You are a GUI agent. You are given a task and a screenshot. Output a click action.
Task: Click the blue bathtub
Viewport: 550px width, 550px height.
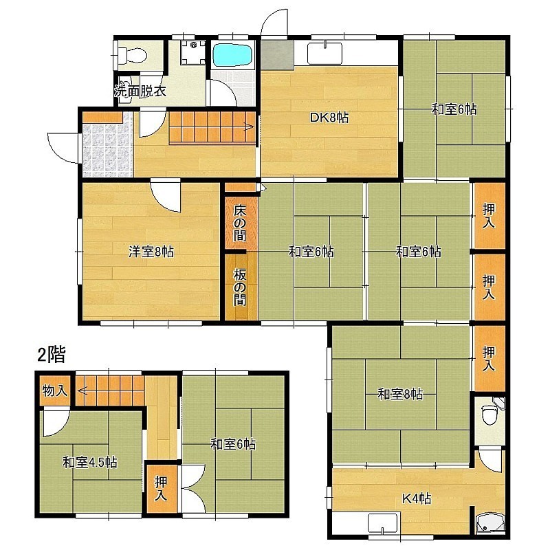(x=233, y=55)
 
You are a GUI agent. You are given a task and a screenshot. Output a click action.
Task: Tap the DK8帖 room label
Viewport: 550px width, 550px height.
(x=329, y=118)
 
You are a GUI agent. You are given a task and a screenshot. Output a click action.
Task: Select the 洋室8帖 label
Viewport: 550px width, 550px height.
(x=151, y=252)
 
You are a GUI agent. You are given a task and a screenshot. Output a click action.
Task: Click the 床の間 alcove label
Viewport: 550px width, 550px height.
(x=240, y=223)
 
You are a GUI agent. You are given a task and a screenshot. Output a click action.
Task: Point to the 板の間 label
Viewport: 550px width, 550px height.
(x=240, y=287)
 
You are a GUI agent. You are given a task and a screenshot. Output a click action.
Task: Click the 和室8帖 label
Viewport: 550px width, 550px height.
(x=400, y=394)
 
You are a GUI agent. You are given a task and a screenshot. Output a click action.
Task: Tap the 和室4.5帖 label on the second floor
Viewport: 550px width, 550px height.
(x=90, y=462)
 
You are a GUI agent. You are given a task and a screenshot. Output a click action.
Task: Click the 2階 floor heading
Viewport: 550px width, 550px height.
(x=52, y=354)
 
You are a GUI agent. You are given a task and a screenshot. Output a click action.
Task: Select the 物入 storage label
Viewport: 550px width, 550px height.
(x=55, y=390)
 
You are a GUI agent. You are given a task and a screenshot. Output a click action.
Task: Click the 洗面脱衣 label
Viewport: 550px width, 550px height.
(x=140, y=91)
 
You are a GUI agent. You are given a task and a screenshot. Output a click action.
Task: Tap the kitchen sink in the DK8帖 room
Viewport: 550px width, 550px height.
(x=324, y=54)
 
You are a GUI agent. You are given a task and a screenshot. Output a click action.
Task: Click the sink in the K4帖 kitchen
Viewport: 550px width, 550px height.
(x=383, y=523)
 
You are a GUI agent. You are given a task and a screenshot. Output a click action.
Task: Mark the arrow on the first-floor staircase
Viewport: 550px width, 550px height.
(x=213, y=127)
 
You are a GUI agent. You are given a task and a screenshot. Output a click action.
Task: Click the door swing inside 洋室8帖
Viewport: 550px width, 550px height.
(x=166, y=197)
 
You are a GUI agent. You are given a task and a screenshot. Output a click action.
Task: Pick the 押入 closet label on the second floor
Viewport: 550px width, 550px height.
(x=162, y=488)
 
